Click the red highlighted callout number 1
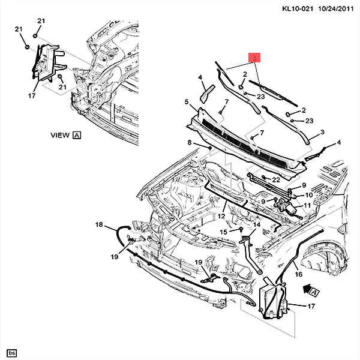[x=256, y=58]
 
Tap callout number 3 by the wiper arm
[x=322, y=132]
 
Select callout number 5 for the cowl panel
[x=187, y=102]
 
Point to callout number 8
[x=189, y=142]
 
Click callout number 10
[x=310, y=194]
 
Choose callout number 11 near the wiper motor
[x=307, y=206]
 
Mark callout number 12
[x=221, y=216]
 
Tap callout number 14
[x=257, y=225]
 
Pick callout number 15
[x=223, y=232]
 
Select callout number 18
[x=99, y=224]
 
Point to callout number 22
[x=276, y=180]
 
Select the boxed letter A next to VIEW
[x=77, y=136]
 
